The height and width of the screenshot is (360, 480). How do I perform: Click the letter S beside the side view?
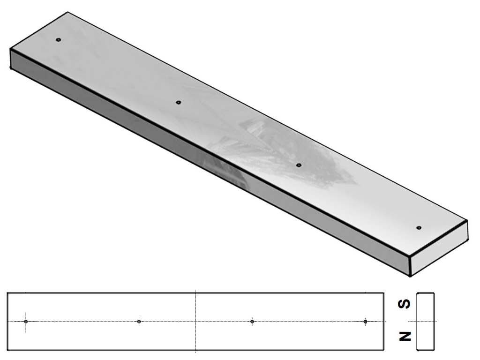(404, 304)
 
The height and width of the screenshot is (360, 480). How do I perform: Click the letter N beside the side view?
(405, 336)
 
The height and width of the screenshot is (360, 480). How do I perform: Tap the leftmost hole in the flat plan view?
(26, 322)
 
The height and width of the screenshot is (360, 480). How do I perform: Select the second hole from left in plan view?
(139, 322)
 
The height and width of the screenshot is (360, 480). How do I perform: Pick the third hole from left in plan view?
(252, 322)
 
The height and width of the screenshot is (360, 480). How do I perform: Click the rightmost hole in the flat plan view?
(365, 322)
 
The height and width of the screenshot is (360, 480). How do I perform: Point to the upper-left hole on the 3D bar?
(59, 40)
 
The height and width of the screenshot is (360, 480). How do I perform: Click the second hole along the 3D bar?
(179, 102)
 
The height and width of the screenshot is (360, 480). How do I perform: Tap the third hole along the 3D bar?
(299, 165)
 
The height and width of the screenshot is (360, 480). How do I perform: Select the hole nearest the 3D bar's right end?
(419, 228)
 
